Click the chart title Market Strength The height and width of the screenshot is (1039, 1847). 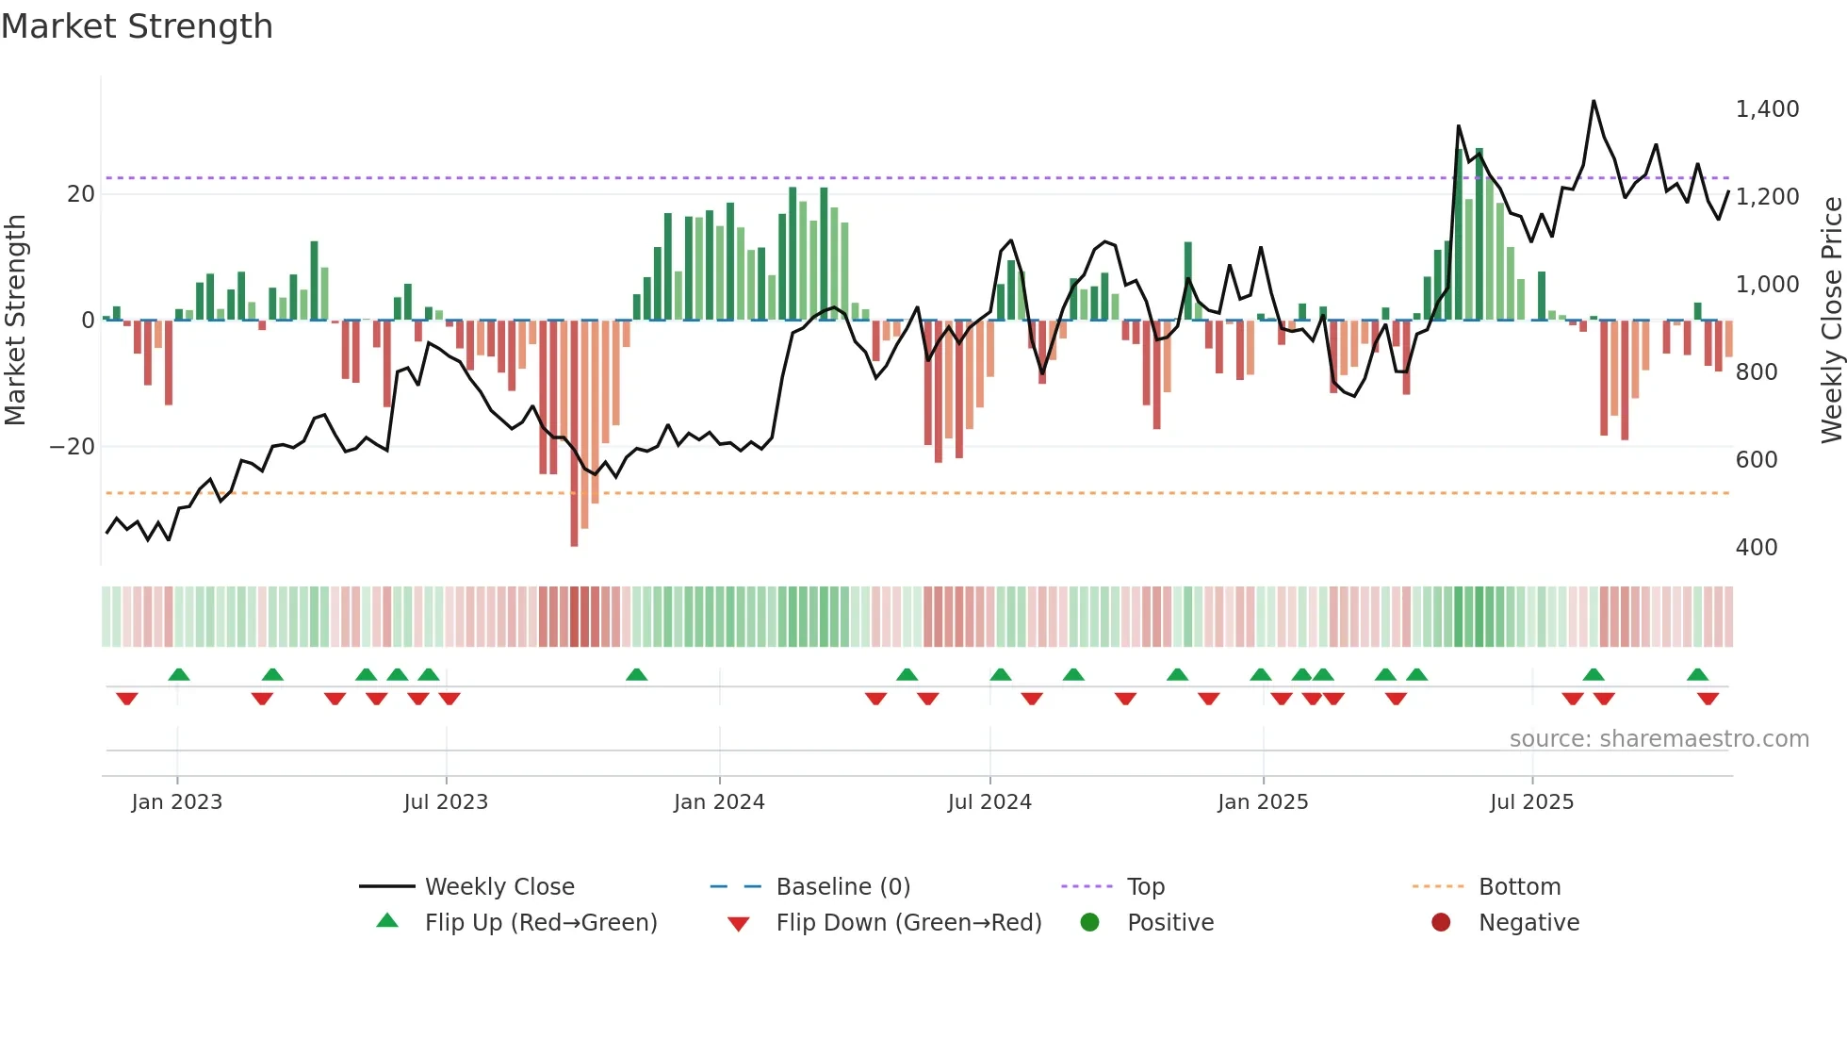pos(137,26)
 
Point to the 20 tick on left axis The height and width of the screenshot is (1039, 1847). pos(81,194)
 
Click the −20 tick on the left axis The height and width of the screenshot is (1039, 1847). pos(73,447)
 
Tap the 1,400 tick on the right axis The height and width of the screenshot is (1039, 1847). pos(1767,109)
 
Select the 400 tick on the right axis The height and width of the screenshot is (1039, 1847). pos(1757,548)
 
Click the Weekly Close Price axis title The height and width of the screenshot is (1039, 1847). pos(1831,320)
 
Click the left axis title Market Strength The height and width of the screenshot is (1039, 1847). pos(15,320)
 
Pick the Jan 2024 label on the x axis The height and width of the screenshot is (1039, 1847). pos(719,802)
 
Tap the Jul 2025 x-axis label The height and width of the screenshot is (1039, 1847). pos(1531,802)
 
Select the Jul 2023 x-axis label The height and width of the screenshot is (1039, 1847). pos(446,802)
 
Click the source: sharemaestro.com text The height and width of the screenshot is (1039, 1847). pos(1659,739)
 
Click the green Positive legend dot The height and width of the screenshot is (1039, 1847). pos(1090,923)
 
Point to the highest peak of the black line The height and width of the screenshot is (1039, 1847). pos(1594,101)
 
